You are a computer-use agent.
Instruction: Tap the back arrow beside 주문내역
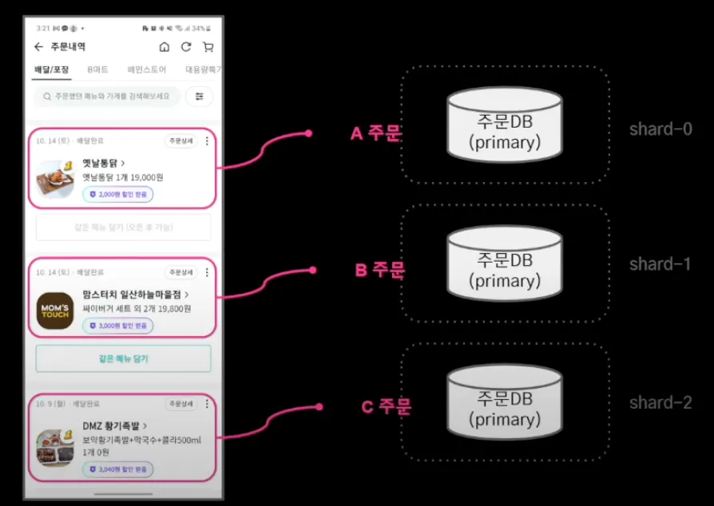(38, 47)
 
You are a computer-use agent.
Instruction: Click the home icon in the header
(165, 47)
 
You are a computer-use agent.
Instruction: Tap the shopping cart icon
(208, 47)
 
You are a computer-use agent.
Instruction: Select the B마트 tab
(98, 69)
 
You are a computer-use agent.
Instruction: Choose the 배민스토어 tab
(147, 69)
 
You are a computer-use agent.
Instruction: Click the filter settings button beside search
(199, 97)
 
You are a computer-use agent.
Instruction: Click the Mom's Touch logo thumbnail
(55, 311)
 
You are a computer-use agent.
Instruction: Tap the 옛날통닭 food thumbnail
(55, 178)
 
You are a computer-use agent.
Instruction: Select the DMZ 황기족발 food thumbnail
(55, 448)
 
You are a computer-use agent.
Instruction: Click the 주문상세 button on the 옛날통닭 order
(180, 141)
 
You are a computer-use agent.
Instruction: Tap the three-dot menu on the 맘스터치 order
(207, 272)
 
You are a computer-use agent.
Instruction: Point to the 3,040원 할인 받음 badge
(117, 469)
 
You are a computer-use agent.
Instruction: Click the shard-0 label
(660, 129)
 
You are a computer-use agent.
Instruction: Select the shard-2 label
(660, 403)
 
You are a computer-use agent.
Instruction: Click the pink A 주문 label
(378, 133)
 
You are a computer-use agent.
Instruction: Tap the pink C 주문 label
(386, 407)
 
